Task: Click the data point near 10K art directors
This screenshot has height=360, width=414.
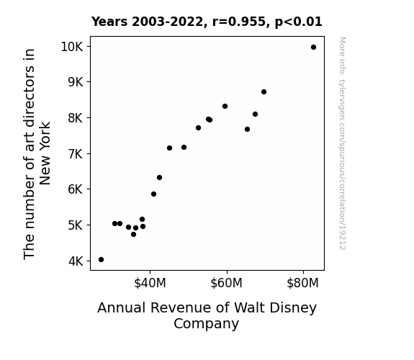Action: tap(313, 48)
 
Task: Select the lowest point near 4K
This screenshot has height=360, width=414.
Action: tap(101, 260)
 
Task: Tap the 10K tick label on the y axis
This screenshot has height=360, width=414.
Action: tap(72, 47)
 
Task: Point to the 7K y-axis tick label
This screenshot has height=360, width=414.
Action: tap(76, 153)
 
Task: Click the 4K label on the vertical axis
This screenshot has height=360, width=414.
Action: tap(76, 261)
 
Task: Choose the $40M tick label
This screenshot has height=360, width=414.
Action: tap(150, 283)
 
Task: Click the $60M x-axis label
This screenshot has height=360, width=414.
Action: tap(226, 283)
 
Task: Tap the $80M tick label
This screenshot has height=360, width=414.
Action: tap(302, 283)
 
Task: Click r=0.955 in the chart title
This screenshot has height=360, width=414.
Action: tap(239, 22)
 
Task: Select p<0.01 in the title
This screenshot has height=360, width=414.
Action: tap(298, 22)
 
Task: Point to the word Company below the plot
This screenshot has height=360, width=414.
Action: tap(206, 324)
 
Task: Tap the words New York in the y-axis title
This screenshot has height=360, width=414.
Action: tap(45, 153)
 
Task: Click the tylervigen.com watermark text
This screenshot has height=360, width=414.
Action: tap(343, 143)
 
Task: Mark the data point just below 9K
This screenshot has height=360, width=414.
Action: tap(264, 92)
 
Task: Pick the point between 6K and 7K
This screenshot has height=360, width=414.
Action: tap(159, 178)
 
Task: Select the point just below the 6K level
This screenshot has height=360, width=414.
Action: tap(153, 194)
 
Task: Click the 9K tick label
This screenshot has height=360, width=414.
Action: tap(76, 82)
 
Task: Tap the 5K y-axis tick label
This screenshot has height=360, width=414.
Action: tap(76, 225)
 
